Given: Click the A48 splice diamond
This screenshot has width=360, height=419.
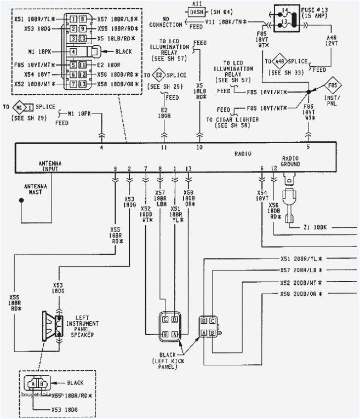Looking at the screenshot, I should (x=279, y=61).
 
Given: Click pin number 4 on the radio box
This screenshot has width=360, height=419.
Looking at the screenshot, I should (x=101, y=147).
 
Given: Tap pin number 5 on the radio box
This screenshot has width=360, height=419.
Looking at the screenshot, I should (x=307, y=147).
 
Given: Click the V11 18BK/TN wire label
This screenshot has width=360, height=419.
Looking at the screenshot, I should (x=224, y=21).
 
